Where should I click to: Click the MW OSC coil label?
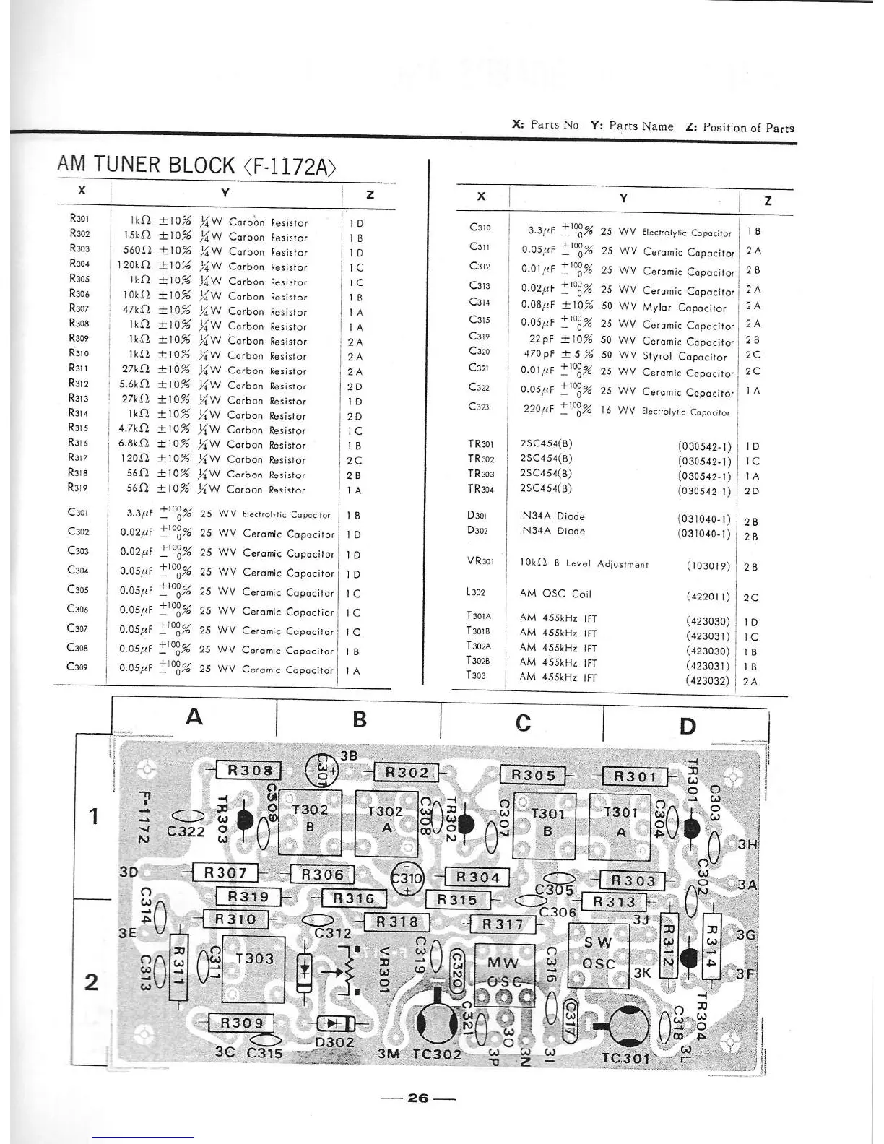pos(503,971)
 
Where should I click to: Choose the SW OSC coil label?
pos(598,953)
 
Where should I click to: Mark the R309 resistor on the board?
pos(242,1023)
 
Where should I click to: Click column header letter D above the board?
pos(688,725)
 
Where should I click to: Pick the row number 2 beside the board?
pos(92,982)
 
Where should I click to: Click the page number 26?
pos(418,1098)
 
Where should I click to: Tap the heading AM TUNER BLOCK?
pos(196,165)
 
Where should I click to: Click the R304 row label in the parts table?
pos(79,264)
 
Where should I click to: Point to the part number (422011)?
pos(708,597)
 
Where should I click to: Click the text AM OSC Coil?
pos(555,594)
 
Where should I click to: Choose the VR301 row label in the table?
pos(481,561)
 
